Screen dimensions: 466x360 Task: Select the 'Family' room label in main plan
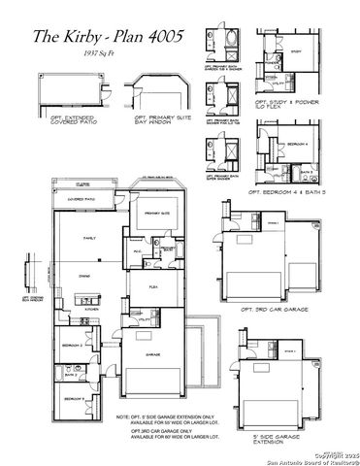coord(88,238)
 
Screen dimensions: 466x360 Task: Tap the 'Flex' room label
coord(153,287)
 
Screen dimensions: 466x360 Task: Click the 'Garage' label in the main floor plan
coord(153,355)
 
